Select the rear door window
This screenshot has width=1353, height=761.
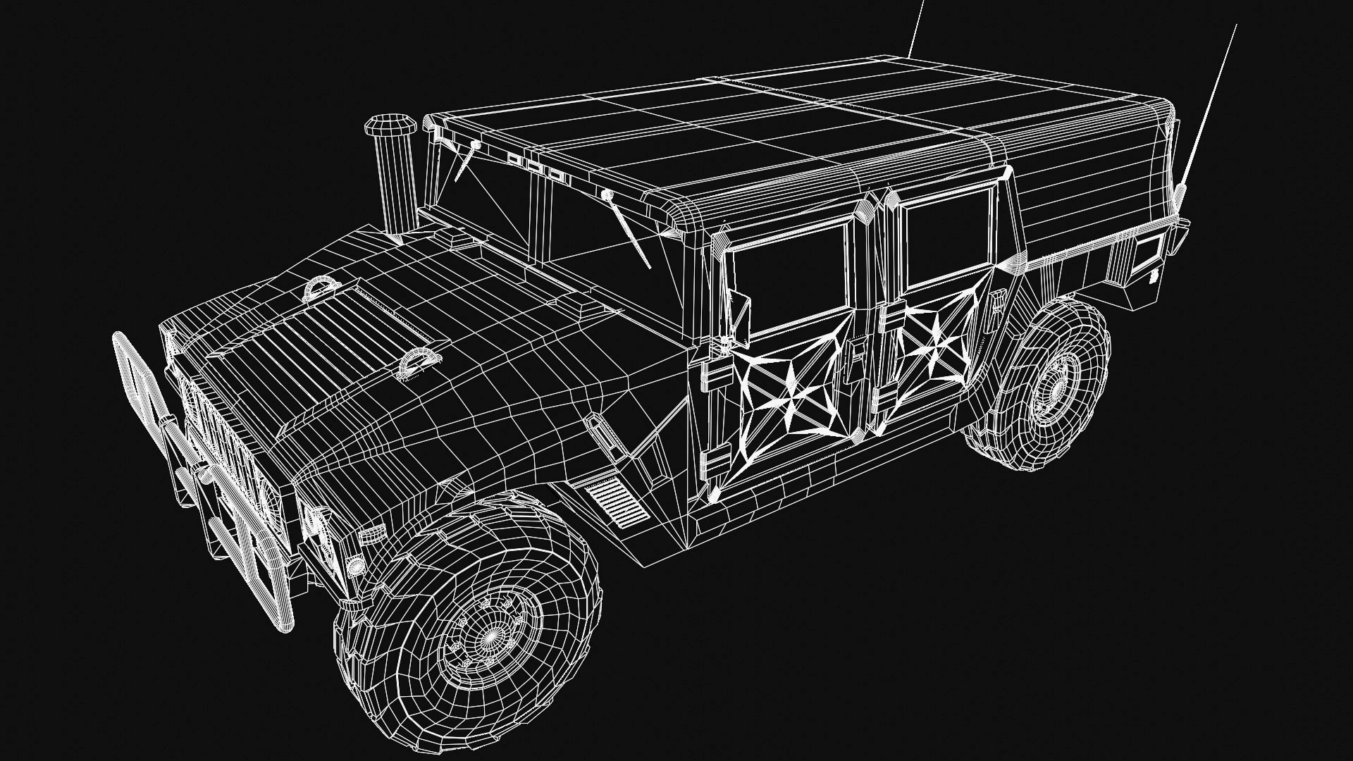pyautogui.click(x=948, y=236)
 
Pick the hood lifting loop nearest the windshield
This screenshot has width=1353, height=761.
pyautogui.click(x=322, y=288)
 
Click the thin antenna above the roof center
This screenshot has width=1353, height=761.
pyautogui.click(x=915, y=28)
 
